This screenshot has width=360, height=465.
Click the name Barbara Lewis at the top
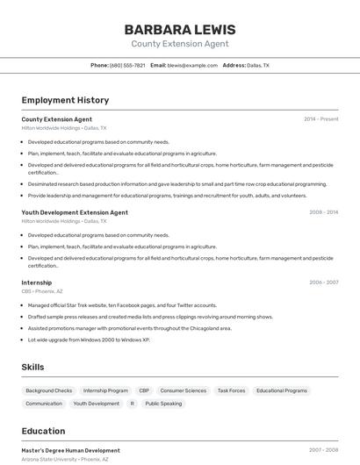[x=180, y=29]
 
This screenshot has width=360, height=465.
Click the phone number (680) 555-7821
[x=127, y=65]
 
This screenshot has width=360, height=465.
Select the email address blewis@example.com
[x=192, y=65]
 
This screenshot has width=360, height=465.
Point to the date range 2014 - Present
[x=320, y=119]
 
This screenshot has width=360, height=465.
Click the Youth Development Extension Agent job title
[x=75, y=212]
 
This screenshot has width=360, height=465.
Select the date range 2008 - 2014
[x=323, y=212]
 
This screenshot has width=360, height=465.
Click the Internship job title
[x=37, y=283]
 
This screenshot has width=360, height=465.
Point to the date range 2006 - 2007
[x=323, y=283]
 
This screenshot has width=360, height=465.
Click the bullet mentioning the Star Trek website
[x=122, y=305]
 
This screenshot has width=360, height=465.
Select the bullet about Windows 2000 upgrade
[x=89, y=340]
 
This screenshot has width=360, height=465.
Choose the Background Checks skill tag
[x=49, y=390]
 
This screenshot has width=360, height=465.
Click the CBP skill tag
[x=144, y=390]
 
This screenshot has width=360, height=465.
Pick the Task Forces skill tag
[x=231, y=390]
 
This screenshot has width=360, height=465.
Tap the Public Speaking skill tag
[x=163, y=404]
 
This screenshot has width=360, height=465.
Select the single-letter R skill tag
[x=132, y=404]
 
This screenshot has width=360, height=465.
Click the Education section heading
[x=43, y=431]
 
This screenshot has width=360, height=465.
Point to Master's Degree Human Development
[x=71, y=450]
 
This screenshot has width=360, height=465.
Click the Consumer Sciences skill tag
[x=184, y=390]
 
